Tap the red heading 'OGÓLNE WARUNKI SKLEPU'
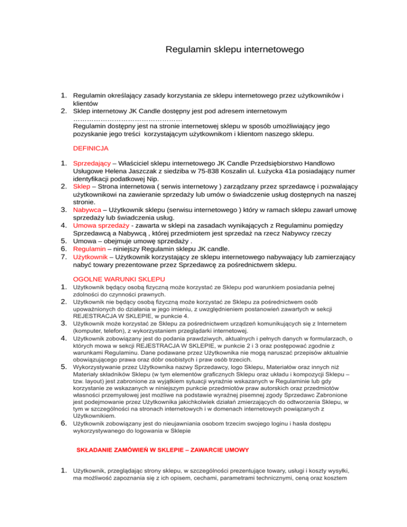coord(119,279)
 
